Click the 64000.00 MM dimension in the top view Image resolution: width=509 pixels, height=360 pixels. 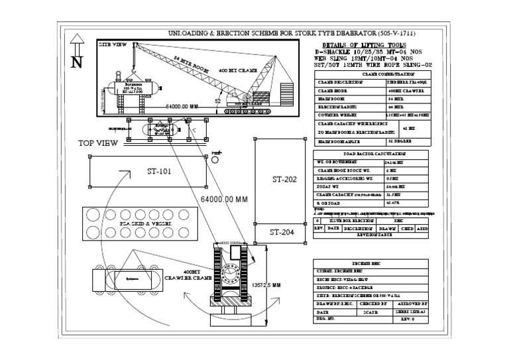coord(223,199)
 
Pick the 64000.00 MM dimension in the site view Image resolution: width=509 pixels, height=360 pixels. coord(182,106)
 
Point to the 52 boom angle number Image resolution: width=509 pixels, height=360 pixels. coord(217,101)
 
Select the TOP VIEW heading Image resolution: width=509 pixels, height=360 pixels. coord(97,143)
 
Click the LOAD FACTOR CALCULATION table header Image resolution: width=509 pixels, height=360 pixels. coord(370,153)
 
